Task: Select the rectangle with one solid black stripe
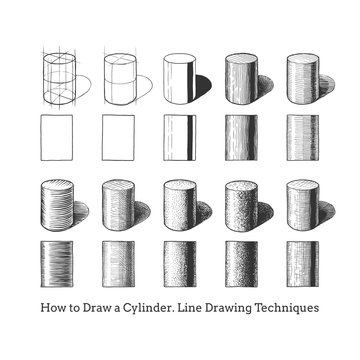pyautogui.click(x=179, y=137)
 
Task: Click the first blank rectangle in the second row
pyautogui.click(x=56, y=137)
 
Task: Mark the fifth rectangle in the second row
pyautogui.click(x=302, y=137)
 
